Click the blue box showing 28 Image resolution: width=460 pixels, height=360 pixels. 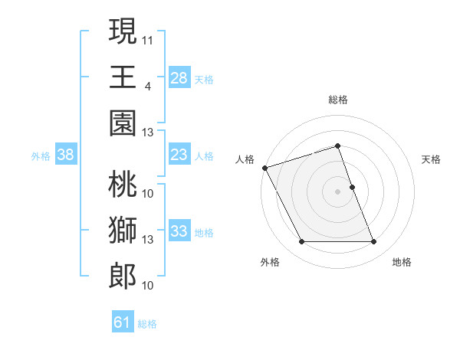pyautogui.click(x=179, y=77)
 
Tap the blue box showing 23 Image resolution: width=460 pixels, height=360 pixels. pyautogui.click(x=179, y=155)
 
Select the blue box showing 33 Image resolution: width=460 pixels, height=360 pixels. pyautogui.click(x=179, y=231)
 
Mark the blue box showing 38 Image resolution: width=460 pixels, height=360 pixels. pyautogui.click(x=66, y=155)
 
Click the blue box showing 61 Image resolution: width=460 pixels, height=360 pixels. pyautogui.click(x=123, y=322)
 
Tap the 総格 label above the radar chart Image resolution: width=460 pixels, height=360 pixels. pyautogui.click(x=338, y=100)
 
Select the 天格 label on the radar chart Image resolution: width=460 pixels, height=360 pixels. pyautogui.click(x=432, y=159)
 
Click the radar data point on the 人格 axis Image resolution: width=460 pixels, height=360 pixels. pyautogui.click(x=264, y=167)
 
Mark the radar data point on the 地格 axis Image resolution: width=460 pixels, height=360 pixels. pyautogui.click(x=374, y=242)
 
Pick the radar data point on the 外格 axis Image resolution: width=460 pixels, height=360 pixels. pyautogui.click(x=301, y=242)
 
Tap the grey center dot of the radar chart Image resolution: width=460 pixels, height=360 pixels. pyautogui.click(x=338, y=191)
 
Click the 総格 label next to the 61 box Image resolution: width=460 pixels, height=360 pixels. pyautogui.click(x=147, y=324)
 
